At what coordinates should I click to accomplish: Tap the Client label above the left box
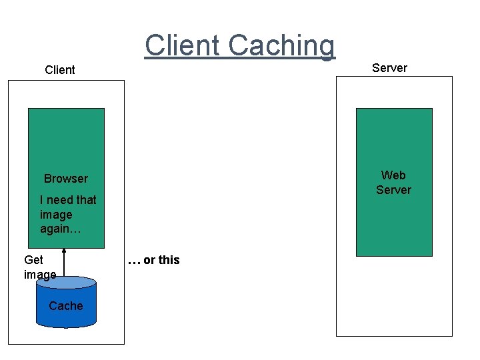(x=60, y=70)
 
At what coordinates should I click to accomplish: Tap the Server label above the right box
(x=389, y=68)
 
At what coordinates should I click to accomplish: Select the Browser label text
(x=65, y=179)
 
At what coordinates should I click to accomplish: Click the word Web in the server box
(x=393, y=175)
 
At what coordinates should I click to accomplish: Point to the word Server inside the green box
(x=393, y=190)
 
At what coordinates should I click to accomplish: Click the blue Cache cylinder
(x=66, y=310)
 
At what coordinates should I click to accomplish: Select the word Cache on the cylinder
(x=66, y=306)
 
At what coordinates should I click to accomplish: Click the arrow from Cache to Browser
(x=65, y=264)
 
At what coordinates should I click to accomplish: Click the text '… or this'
(x=153, y=260)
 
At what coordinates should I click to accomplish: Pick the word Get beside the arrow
(x=33, y=260)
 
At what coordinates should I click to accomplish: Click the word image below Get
(x=40, y=275)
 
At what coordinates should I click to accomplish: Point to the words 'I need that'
(x=68, y=200)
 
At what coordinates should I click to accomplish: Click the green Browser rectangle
(x=66, y=140)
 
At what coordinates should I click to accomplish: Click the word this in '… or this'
(x=169, y=260)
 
